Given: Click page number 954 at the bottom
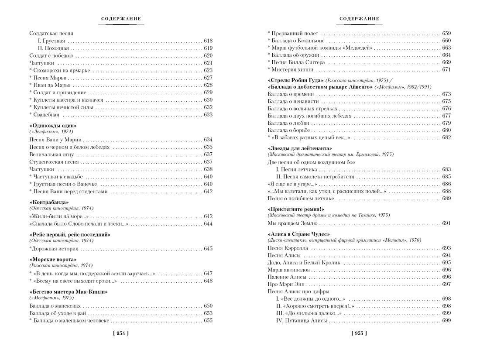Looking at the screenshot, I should point(121,333).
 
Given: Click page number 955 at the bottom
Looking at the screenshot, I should point(359,333).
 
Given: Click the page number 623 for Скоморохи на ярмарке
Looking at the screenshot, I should point(208,70).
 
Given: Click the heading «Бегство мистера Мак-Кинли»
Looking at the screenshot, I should point(68,291).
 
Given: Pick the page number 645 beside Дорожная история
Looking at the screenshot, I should point(208,249).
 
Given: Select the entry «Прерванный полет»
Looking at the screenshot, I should point(295,33).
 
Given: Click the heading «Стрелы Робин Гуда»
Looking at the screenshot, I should point(295,81).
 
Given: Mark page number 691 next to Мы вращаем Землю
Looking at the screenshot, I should point(446,223).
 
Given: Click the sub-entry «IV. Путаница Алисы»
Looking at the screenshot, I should point(302,320).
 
